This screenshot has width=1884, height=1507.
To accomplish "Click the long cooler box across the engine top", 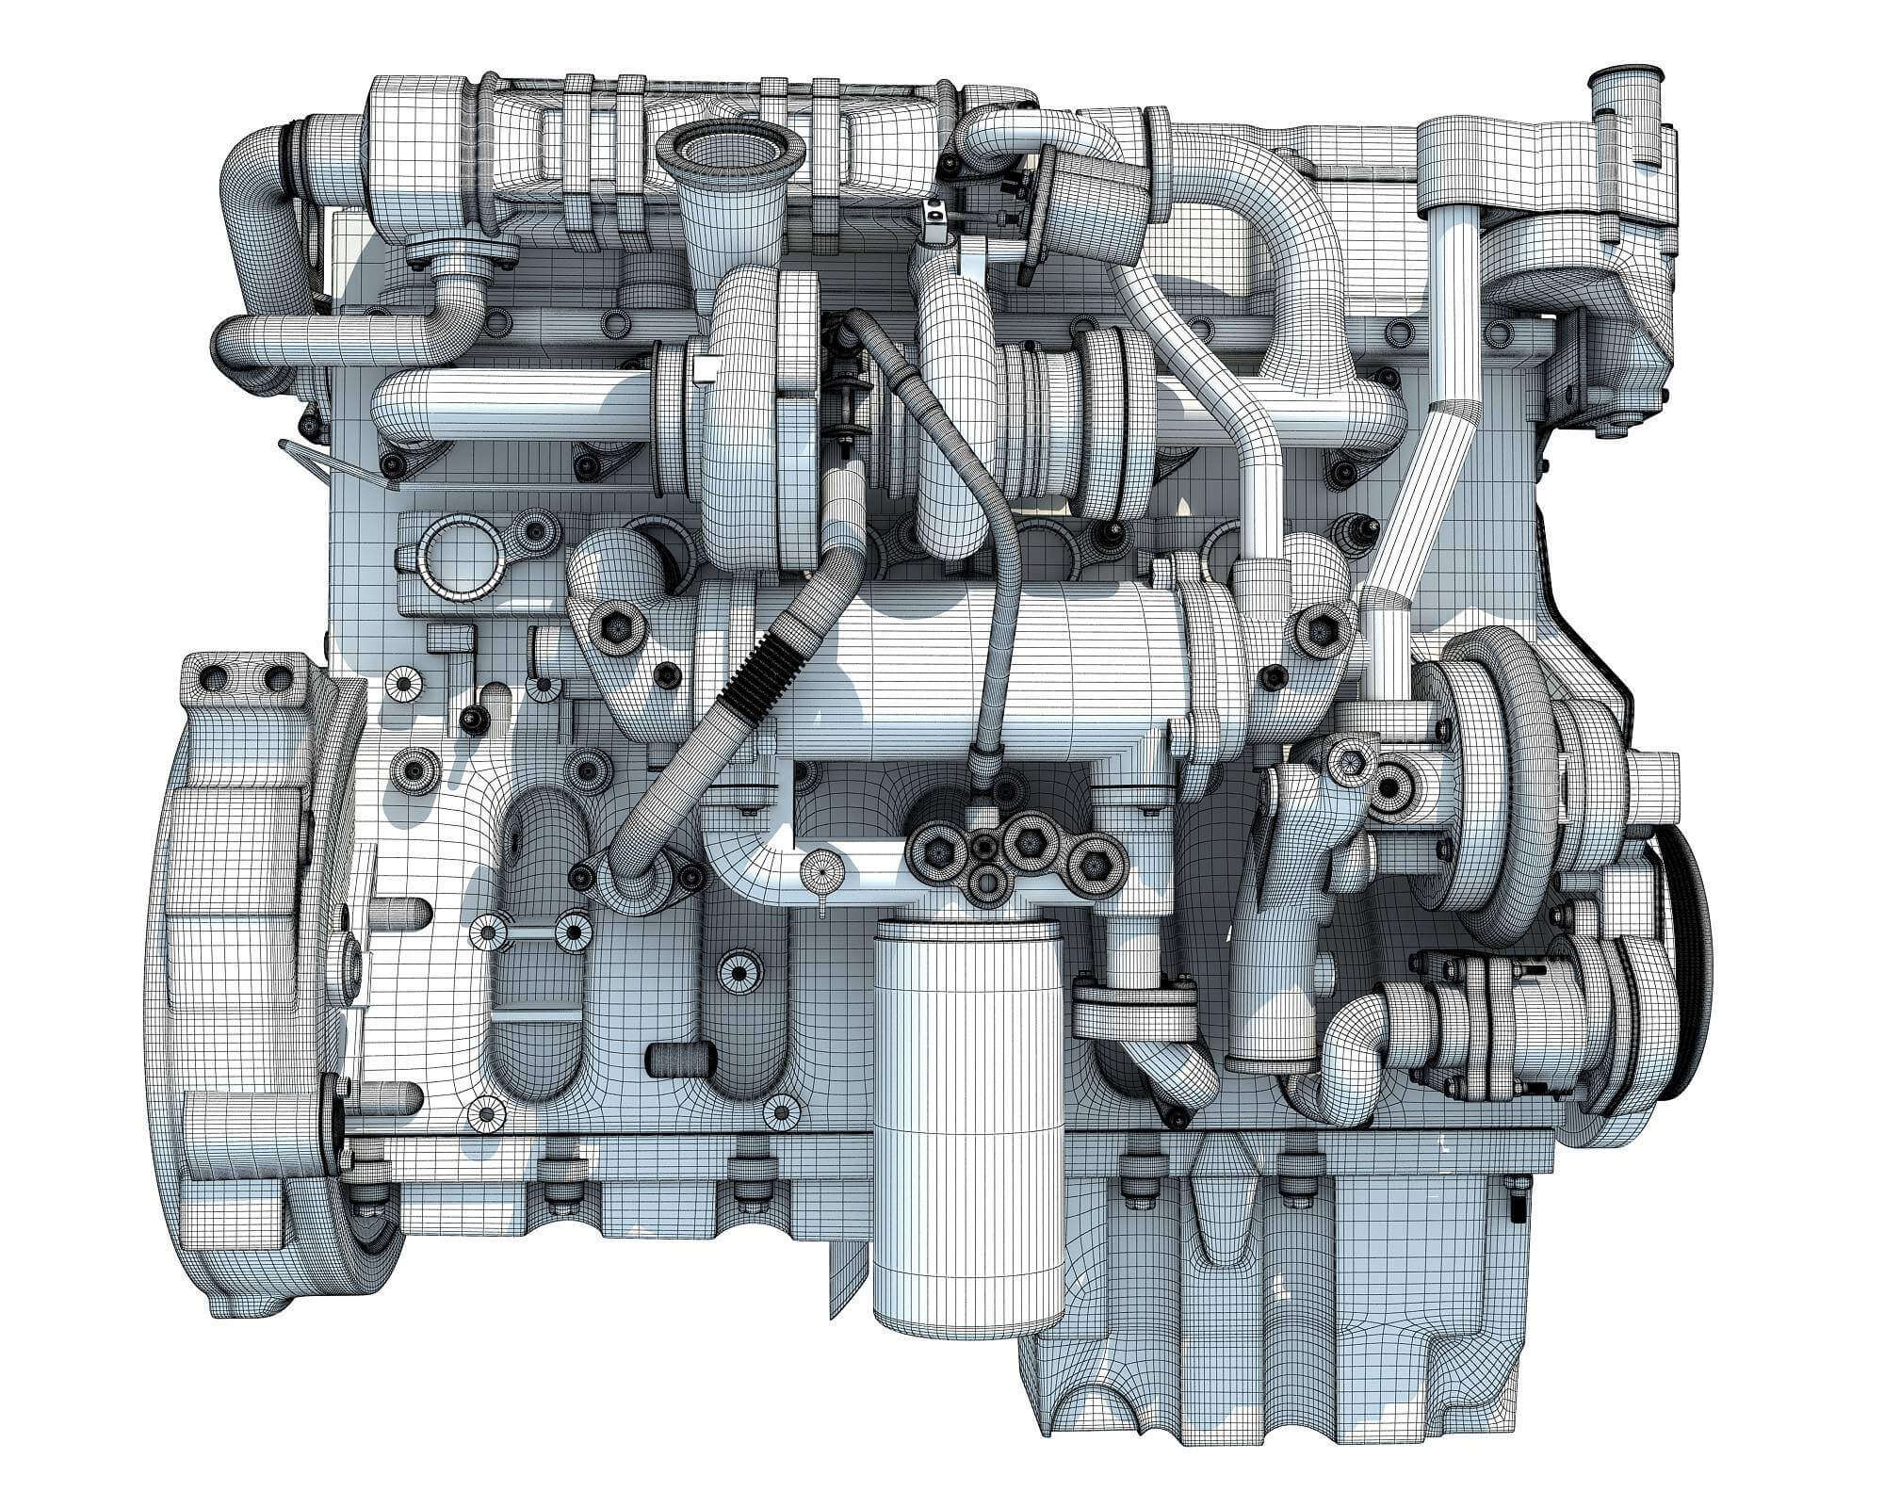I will click(697, 160).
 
